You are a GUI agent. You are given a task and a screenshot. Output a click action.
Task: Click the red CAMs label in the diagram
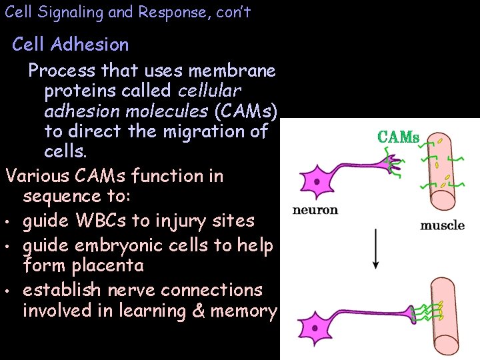tap(398, 137)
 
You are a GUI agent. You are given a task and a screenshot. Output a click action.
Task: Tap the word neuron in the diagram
tap(315, 210)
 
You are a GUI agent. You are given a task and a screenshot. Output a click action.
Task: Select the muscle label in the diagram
tap(442, 225)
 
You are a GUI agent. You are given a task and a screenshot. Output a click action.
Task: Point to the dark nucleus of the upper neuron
tap(317, 181)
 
